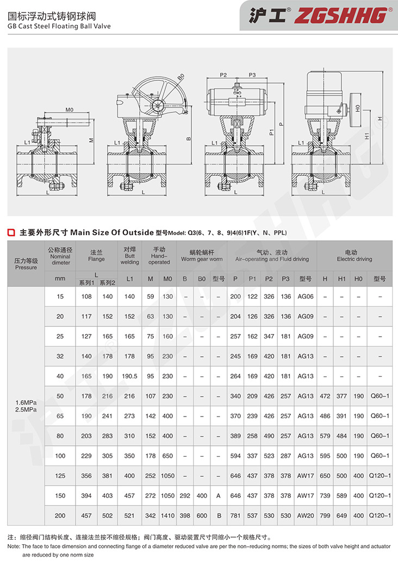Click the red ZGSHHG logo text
341,16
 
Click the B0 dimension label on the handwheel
181,77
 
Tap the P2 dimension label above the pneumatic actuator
223,75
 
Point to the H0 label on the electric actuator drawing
358,108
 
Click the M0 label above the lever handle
70,110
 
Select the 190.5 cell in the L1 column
130,376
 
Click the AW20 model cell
306,515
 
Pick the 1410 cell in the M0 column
167,515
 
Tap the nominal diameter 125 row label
60,476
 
